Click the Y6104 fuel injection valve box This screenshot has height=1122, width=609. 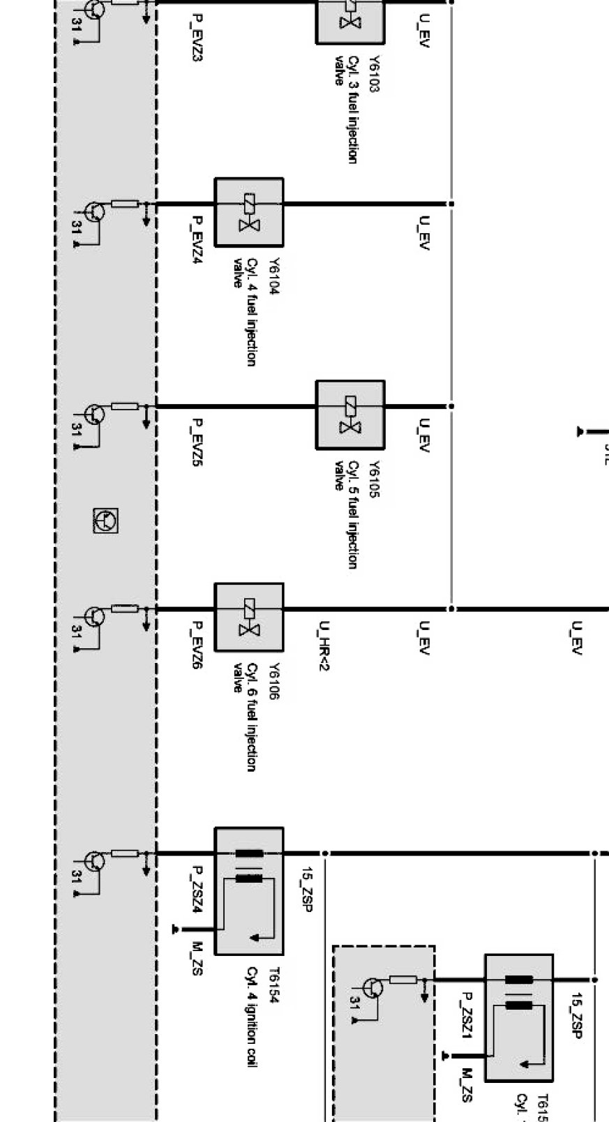click(249, 212)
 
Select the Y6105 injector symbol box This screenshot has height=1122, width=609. click(350, 414)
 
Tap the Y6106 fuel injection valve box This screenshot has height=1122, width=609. click(249, 618)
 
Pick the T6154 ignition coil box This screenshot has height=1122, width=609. click(249, 890)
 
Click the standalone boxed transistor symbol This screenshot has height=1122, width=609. click(105, 521)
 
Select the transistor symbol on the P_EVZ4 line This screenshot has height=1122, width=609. click(94, 212)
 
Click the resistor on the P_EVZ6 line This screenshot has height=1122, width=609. click(125, 608)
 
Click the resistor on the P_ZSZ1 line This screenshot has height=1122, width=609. click(403, 980)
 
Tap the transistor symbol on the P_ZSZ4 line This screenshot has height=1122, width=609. click(94, 861)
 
